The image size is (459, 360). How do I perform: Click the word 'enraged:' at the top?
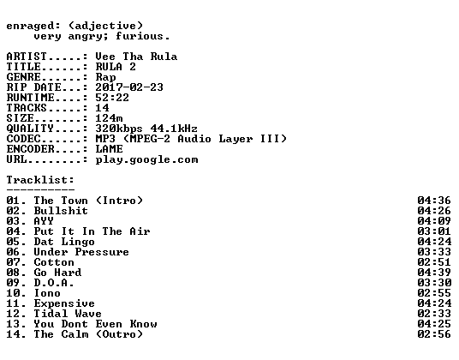33,26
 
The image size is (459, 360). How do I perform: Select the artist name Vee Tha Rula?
136,57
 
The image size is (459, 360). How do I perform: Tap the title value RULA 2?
116,67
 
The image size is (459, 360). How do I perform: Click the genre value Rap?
105,77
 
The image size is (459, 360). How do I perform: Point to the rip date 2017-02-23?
129,87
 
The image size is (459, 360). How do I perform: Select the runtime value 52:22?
112,98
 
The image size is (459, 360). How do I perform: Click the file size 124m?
109,118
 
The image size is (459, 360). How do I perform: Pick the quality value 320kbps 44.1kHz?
146,129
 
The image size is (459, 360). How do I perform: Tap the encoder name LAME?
109,149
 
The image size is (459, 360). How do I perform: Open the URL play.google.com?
146,160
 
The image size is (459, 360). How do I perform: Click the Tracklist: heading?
40,180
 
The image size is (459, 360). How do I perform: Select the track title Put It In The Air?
92,231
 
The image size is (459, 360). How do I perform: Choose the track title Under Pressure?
81,252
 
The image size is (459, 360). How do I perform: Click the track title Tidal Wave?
68,314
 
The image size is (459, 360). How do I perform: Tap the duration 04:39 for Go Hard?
434,273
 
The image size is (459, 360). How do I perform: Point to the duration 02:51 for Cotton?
434,262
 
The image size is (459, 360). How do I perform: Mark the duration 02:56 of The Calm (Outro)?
434,334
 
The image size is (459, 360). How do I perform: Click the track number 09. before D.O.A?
16,283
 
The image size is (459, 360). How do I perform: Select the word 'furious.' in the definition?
142,36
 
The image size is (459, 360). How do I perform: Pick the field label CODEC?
23,139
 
